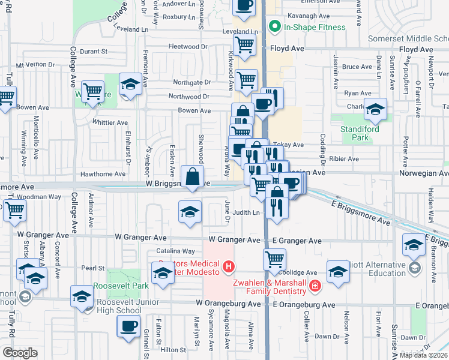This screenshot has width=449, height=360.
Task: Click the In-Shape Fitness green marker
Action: tap(276, 27)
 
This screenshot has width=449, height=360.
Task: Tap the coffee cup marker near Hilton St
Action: tap(128, 326)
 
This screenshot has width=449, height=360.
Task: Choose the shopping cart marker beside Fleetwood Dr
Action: tap(244, 44)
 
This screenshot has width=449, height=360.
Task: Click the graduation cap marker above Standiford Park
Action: tap(375, 109)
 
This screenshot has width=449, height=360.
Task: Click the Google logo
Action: tap(20, 353)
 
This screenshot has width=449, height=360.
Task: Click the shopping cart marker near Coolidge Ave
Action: tap(274, 259)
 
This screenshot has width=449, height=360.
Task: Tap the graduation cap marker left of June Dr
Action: tap(190, 212)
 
